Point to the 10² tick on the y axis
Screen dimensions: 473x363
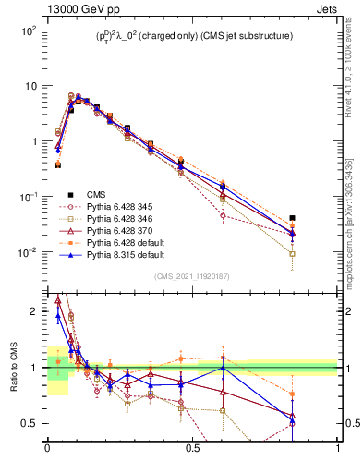click(x=28, y=30)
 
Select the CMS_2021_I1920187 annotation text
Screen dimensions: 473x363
click(x=192, y=276)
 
